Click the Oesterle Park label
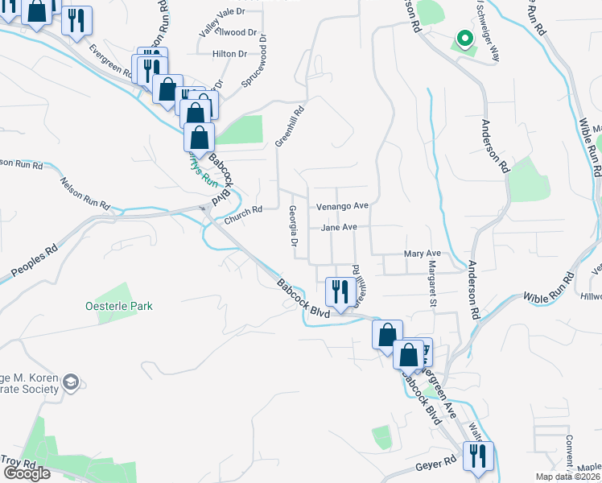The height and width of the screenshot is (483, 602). click(x=119, y=307)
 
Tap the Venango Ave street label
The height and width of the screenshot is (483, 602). click(x=341, y=206)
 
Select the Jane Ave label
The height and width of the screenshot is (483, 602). click(x=339, y=228)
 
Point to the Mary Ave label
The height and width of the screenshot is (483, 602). click(x=423, y=254)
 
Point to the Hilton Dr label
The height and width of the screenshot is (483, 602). click(x=229, y=54)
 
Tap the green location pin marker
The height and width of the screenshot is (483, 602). click(x=464, y=38)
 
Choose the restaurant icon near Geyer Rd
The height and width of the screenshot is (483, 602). click(x=478, y=455)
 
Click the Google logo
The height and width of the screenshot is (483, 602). click(x=27, y=473)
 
